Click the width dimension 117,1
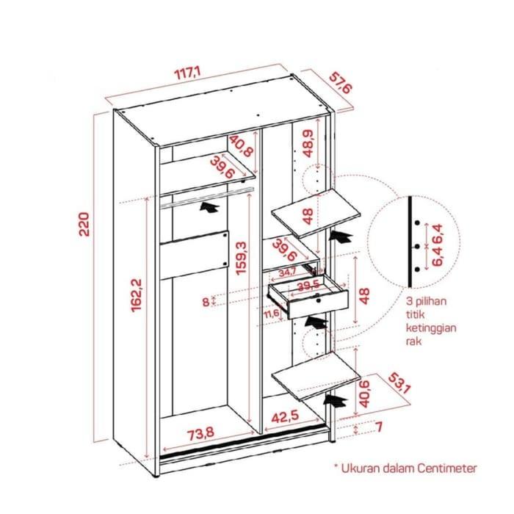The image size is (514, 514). [187, 73]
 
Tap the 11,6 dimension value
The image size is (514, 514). [272, 314]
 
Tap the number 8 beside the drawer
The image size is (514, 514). [205, 300]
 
